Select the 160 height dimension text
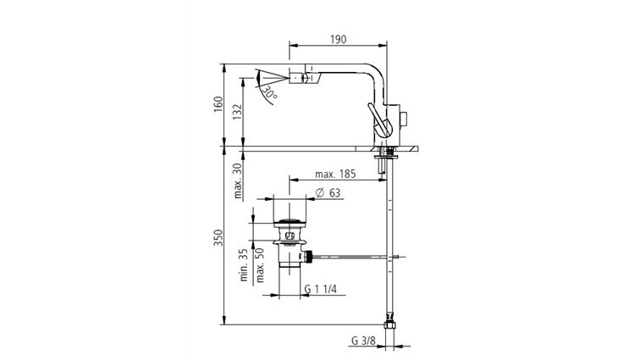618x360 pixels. point(218,105)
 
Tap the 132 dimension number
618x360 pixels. point(238,111)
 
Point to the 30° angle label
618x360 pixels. point(269,93)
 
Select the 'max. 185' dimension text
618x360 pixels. point(334,174)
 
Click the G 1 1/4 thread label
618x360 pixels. point(320,290)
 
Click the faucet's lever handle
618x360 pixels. point(378,120)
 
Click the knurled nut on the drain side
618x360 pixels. point(310,254)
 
